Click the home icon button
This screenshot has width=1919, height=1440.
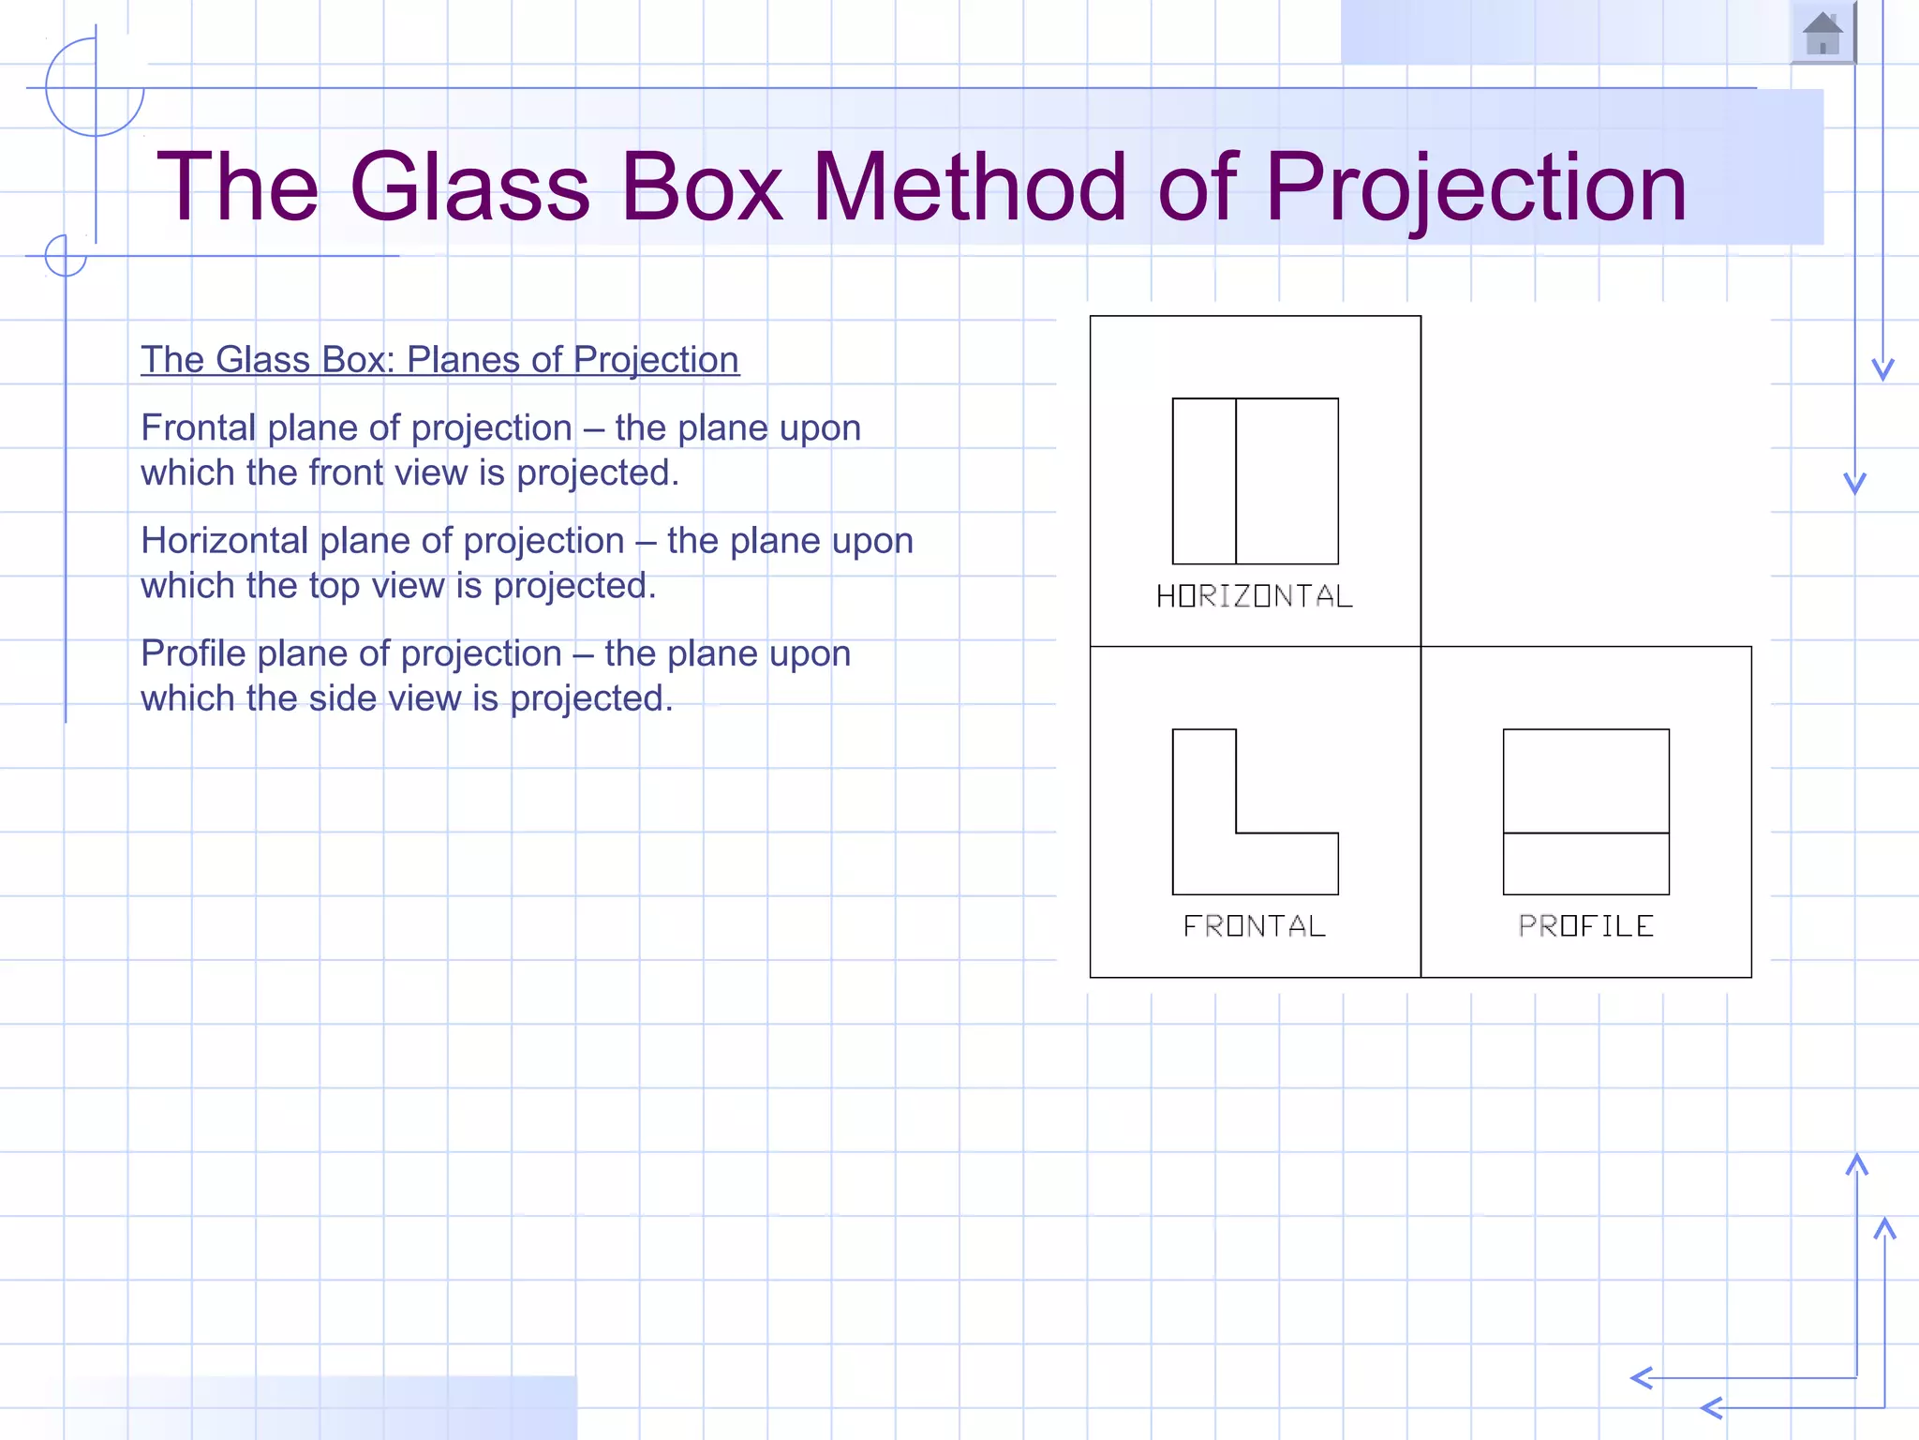[x=1822, y=34]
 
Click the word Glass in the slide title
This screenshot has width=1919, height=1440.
[x=469, y=187]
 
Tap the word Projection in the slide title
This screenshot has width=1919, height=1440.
[x=1476, y=187]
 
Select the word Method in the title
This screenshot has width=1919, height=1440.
[x=969, y=187]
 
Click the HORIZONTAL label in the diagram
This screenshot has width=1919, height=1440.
[x=1255, y=596]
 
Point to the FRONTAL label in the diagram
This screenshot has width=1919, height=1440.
[x=1255, y=926]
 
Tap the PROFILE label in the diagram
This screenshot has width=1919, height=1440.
[x=1585, y=926]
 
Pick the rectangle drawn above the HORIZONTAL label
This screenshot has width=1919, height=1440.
[x=1286, y=481]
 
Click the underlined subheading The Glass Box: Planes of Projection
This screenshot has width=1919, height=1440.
[x=439, y=360]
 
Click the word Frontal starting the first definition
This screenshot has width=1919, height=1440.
[x=198, y=428]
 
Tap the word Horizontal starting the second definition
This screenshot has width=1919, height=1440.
[x=224, y=541]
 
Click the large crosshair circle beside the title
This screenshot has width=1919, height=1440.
[x=95, y=88]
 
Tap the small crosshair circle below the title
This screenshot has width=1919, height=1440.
[x=66, y=255]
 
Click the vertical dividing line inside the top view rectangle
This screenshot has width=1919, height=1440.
[x=1236, y=481]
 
